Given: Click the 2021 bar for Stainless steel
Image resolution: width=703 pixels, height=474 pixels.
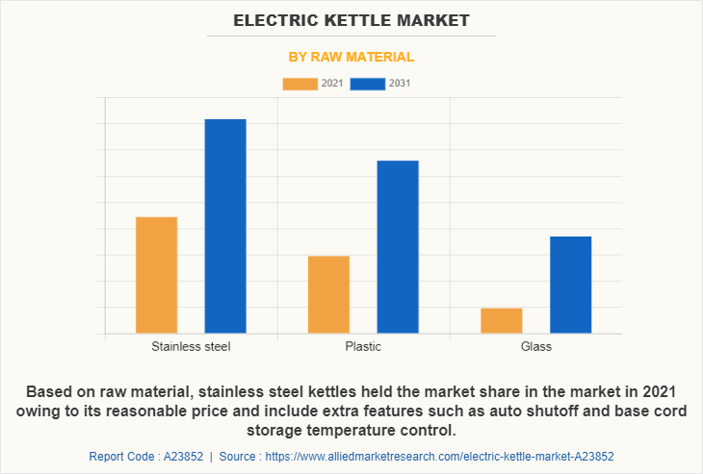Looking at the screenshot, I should pyautogui.click(x=156, y=275).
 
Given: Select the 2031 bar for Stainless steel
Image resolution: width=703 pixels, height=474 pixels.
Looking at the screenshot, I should pyautogui.click(x=225, y=226).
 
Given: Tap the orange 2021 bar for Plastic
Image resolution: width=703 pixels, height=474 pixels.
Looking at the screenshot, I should pyautogui.click(x=328, y=294).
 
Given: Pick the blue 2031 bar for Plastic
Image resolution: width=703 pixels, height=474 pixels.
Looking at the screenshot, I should pyautogui.click(x=398, y=247).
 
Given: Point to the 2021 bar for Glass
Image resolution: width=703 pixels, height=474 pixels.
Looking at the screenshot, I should pyautogui.click(x=501, y=320).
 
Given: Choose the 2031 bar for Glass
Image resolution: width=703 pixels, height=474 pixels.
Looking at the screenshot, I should pyautogui.click(x=570, y=285).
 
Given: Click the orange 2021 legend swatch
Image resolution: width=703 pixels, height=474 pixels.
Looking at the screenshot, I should pyautogui.click(x=299, y=84).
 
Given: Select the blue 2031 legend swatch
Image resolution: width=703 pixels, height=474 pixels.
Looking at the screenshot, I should pyautogui.click(x=367, y=84).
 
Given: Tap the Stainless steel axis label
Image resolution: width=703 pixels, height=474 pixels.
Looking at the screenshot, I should pyautogui.click(x=191, y=346).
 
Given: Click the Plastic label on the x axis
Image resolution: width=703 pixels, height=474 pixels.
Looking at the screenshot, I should pyautogui.click(x=363, y=346).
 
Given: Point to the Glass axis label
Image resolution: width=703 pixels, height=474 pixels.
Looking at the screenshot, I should pyautogui.click(x=535, y=346).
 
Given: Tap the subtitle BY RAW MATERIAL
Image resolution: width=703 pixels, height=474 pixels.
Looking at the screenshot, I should pyautogui.click(x=351, y=57).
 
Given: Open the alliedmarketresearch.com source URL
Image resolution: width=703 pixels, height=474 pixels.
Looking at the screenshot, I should pyautogui.click(x=440, y=457).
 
